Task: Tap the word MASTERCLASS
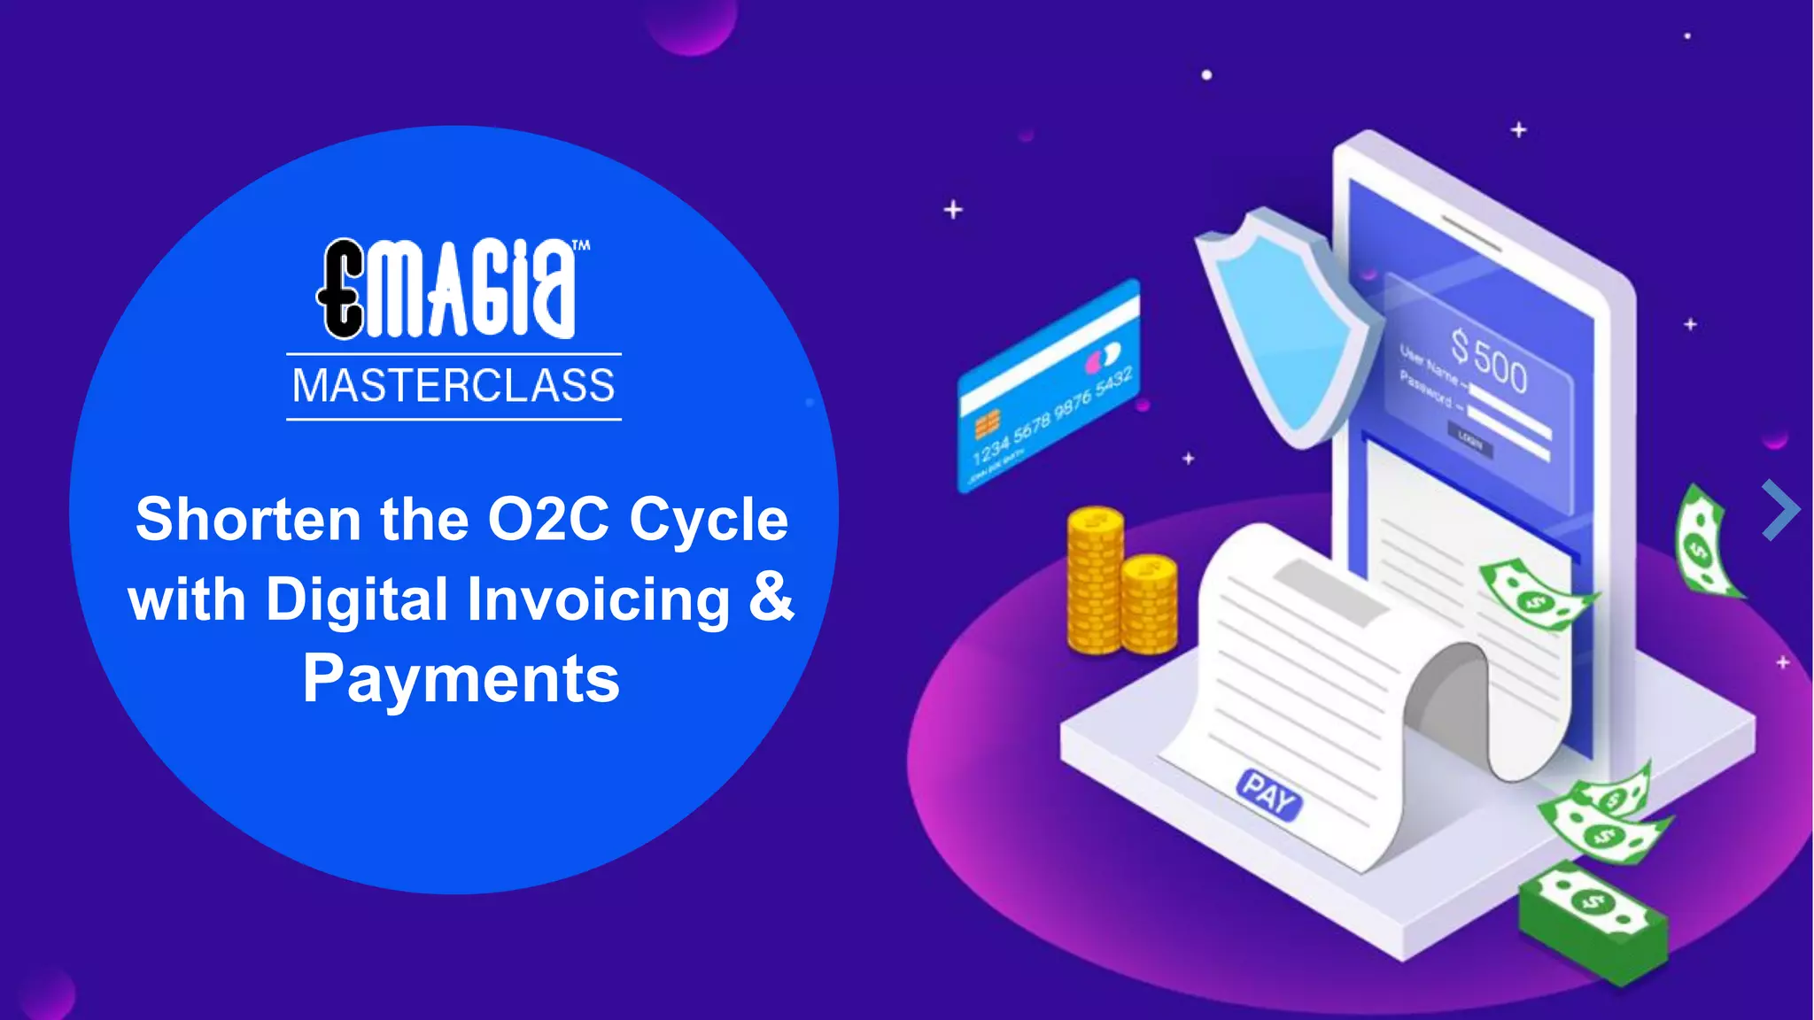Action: click(x=453, y=386)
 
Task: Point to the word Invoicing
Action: click(x=599, y=599)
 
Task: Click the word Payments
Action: click(x=461, y=679)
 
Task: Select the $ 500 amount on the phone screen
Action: click(x=1489, y=359)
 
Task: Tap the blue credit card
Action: click(x=1050, y=385)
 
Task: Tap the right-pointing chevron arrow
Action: click(x=1780, y=510)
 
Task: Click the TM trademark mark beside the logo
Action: click(x=581, y=245)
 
